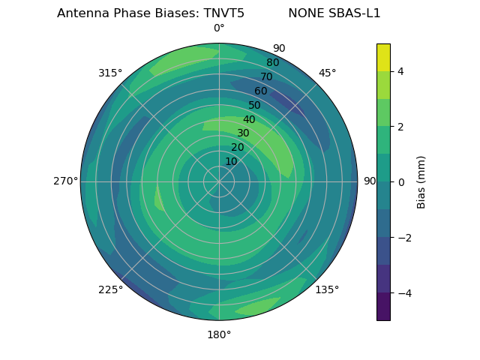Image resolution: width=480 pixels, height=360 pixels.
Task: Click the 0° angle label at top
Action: click(219, 28)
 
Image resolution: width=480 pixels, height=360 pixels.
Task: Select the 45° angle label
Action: click(327, 73)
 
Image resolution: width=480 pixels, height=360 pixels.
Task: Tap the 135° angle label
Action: click(327, 289)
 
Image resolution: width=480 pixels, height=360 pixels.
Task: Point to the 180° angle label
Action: click(219, 334)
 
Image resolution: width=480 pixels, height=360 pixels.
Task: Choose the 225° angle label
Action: click(110, 289)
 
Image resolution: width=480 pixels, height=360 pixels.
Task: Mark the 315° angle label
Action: click(110, 73)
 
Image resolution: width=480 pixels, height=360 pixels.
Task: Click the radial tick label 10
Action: click(231, 161)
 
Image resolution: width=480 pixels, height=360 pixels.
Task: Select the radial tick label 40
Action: click(249, 119)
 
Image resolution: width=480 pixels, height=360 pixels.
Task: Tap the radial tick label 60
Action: click(261, 91)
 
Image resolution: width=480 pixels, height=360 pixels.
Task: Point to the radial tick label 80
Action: click(272, 62)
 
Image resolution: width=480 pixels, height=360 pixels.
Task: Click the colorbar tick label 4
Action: click(400, 71)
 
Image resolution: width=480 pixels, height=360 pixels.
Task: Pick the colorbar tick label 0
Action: click(400, 181)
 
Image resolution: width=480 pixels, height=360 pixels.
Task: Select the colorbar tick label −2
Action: click(402, 237)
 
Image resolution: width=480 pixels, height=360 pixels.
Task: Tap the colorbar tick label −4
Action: click(402, 292)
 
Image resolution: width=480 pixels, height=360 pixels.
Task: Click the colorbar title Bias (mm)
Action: click(421, 181)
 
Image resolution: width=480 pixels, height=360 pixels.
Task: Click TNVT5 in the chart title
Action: click(224, 13)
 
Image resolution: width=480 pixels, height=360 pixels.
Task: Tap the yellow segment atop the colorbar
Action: click(383, 57)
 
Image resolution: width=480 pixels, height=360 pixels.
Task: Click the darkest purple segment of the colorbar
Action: click(383, 307)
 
